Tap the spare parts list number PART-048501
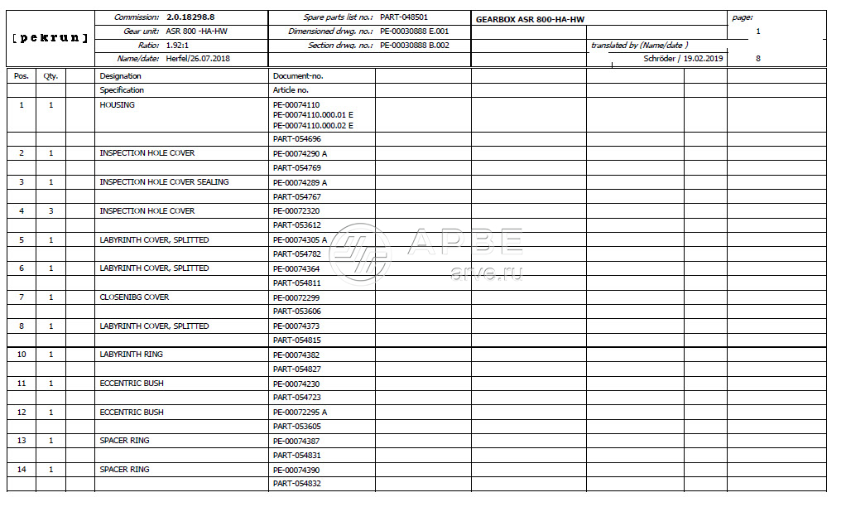pyautogui.click(x=404, y=17)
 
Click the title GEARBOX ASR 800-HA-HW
pyautogui.click(x=531, y=18)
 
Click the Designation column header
pyautogui.click(x=121, y=75)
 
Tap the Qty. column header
pyautogui.click(x=50, y=75)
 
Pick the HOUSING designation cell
pyautogui.click(x=117, y=105)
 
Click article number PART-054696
pyautogui.click(x=296, y=139)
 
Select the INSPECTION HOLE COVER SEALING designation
pyautogui.click(x=164, y=182)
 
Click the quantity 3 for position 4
pyautogui.click(x=50, y=211)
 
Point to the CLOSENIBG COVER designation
pyautogui.click(x=134, y=297)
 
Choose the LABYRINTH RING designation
pyautogui.click(x=131, y=355)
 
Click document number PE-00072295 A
pyautogui.click(x=300, y=413)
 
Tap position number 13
pyautogui.click(x=22, y=441)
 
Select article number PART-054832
pyautogui.click(x=296, y=484)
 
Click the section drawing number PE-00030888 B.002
pyautogui.click(x=415, y=45)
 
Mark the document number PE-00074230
pyautogui.click(x=296, y=384)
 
